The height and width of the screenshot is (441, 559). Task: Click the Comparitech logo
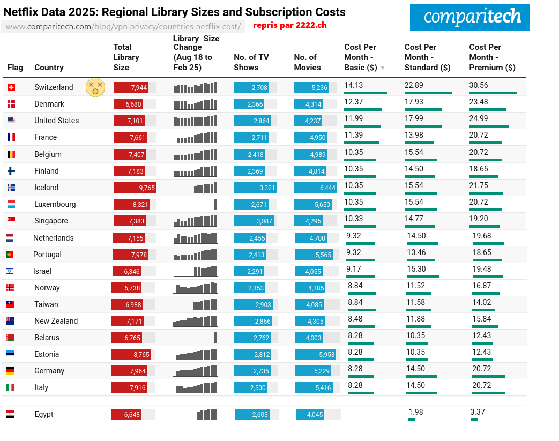tap(469, 17)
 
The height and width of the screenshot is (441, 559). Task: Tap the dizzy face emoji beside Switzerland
tap(95, 87)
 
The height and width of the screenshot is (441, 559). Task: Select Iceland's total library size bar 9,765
tap(135, 188)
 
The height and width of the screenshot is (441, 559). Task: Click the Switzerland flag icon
tap(11, 87)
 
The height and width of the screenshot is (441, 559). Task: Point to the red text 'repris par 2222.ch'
tap(289, 25)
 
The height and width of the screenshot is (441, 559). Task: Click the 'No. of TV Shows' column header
tap(251, 62)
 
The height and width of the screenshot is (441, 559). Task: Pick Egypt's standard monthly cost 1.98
tap(415, 412)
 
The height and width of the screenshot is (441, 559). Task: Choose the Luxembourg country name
tap(55, 204)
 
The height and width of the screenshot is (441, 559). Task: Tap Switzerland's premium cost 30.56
tap(479, 85)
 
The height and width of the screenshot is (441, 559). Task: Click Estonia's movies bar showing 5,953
tap(315, 354)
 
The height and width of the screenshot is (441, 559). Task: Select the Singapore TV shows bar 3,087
tap(253, 221)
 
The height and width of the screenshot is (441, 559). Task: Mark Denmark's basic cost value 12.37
tap(354, 102)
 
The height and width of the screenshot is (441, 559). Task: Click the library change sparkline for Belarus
tap(195, 338)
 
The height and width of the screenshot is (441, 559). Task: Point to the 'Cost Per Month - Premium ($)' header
tap(492, 57)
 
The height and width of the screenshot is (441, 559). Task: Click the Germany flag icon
tap(10, 371)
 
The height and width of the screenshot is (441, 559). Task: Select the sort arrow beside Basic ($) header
tap(383, 68)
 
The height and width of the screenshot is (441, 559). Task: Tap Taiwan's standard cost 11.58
tap(415, 302)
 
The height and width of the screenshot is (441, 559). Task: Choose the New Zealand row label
tap(56, 321)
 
